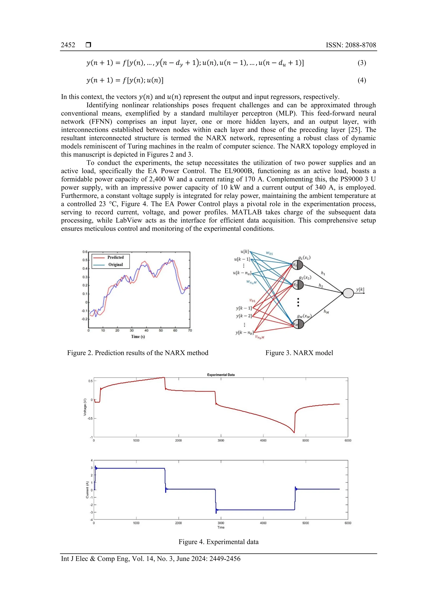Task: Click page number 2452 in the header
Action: click(68, 45)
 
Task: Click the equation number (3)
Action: click(362, 63)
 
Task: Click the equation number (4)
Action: click(362, 80)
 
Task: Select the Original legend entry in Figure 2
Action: click(116, 265)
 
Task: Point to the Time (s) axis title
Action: click(138, 337)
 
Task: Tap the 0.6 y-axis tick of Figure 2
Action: click(85, 252)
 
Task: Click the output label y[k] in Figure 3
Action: click(360, 289)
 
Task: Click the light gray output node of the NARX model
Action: click(348, 293)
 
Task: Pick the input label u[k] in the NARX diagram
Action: click(244, 252)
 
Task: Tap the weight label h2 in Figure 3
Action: click(321, 286)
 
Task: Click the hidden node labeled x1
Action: click(298, 265)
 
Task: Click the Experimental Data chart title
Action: click(221, 375)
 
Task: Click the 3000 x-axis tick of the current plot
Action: click(221, 523)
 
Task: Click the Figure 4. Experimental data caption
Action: click(218, 542)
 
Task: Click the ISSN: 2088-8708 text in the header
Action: click(351, 45)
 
